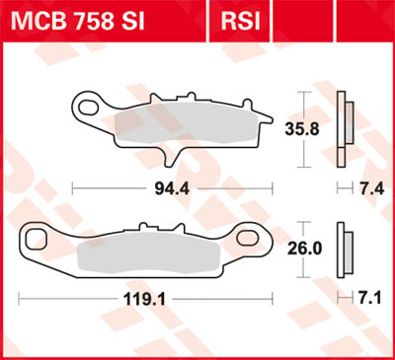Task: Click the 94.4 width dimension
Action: (x=162, y=186)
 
